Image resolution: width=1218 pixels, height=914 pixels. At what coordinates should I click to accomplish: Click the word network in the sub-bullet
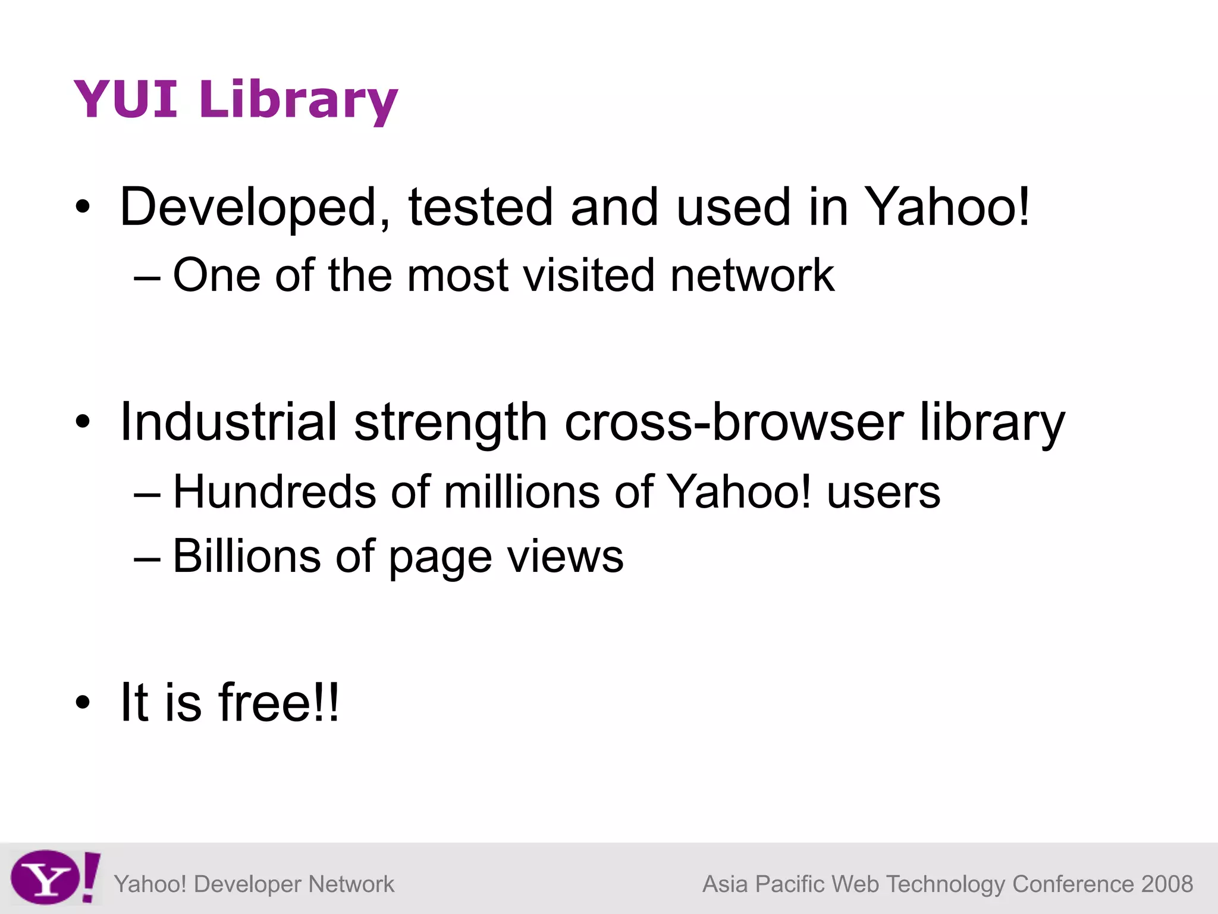click(x=752, y=275)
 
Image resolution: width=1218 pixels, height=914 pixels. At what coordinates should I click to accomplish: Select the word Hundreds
click(x=274, y=492)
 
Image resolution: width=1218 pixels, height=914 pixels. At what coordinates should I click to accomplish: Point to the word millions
click(x=522, y=492)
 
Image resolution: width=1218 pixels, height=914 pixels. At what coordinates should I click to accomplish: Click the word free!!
click(x=279, y=703)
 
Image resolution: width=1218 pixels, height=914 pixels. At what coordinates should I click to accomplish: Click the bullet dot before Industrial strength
click(x=83, y=422)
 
